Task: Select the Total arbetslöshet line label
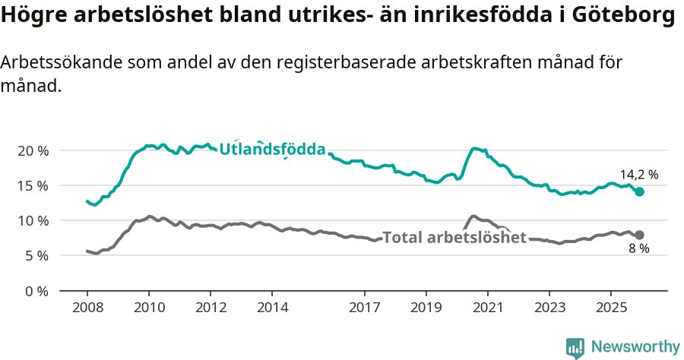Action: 454,238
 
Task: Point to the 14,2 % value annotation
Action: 639,175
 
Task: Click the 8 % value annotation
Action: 638,249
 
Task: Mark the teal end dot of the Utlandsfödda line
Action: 640,192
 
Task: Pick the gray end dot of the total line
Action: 640,235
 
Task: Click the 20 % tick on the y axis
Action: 33,150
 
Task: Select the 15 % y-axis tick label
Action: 33,185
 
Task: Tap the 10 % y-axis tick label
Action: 33,220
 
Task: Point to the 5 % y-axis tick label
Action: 36,256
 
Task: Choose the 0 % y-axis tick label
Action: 36,291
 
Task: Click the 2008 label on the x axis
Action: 87,308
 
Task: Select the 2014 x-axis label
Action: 272,308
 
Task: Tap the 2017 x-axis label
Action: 364,308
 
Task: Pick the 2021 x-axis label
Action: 487,308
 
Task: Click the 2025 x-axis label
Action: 610,308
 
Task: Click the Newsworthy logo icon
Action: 575,348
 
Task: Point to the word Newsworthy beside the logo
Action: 635,347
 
